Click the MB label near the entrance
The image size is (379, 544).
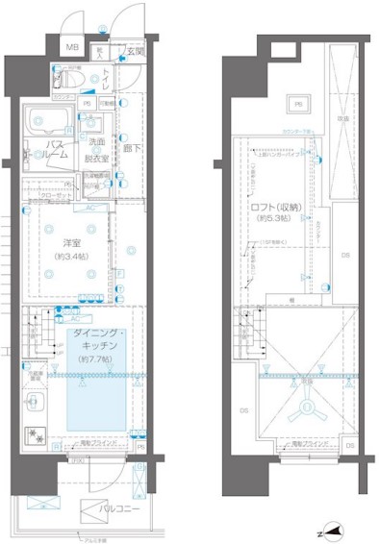72,47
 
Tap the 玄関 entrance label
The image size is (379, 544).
135,51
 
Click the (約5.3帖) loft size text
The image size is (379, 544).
275,220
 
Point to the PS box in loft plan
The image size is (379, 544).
298,104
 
